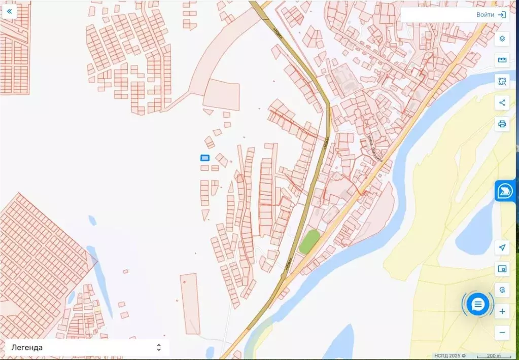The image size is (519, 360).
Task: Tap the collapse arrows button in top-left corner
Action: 9,11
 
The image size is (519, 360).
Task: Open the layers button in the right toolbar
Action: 502,39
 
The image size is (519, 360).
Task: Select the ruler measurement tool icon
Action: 502,60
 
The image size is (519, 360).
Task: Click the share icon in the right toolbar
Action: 502,103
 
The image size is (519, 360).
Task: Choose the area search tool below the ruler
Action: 502,81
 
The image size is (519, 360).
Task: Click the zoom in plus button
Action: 502,311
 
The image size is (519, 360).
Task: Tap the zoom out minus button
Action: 502,333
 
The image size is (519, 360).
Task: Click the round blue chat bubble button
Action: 478,304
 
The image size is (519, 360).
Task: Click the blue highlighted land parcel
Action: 205,158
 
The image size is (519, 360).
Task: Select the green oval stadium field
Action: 309,242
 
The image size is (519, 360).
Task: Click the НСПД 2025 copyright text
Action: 449,355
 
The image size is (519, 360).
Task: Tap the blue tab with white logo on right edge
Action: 505,191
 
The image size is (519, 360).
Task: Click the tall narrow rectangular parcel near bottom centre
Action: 190,303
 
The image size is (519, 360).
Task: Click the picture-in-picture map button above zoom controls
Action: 502,269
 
